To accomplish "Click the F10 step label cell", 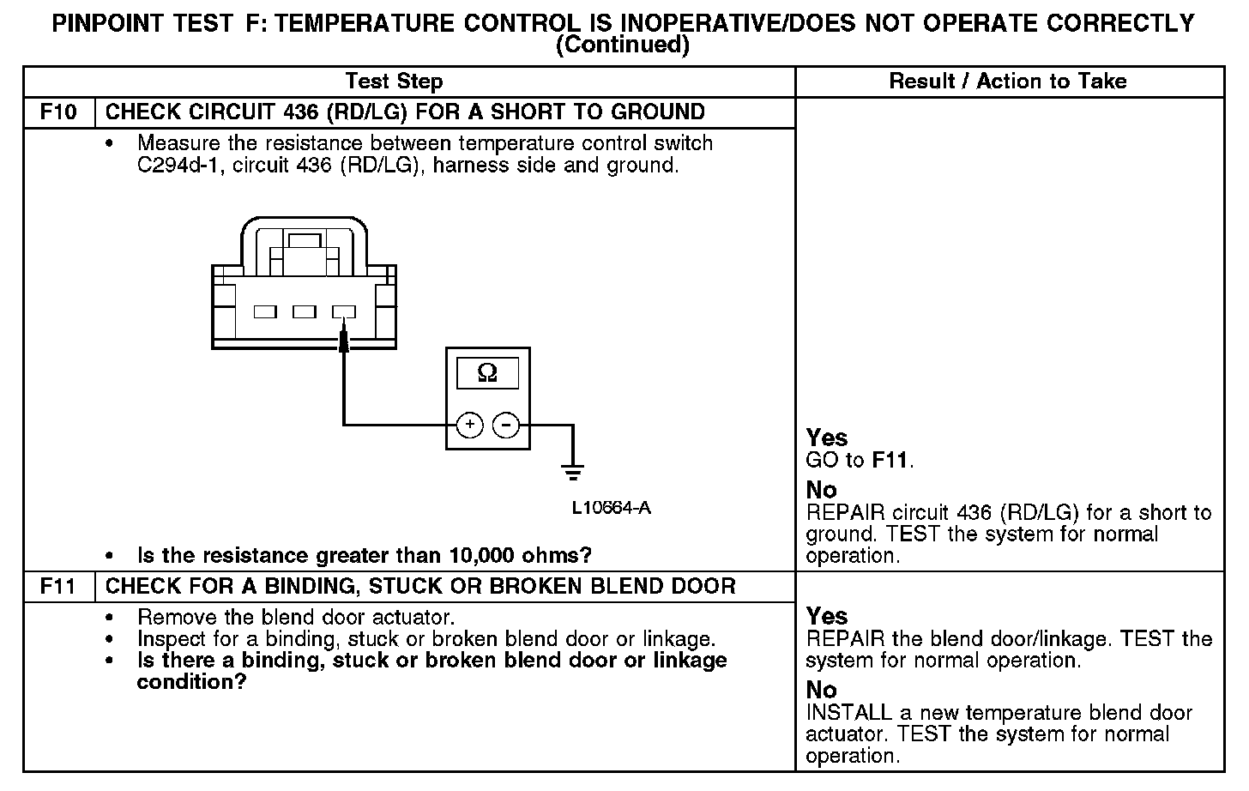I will (58, 112).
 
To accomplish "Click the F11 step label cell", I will (58, 587).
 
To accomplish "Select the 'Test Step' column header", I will (394, 82).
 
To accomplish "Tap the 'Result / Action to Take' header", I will (1008, 82).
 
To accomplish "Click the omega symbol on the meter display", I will (487, 373).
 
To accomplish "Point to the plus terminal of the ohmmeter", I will (469, 425).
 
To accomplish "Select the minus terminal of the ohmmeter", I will (506, 425).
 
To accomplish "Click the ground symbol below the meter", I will (572, 471).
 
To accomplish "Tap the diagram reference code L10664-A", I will (612, 508).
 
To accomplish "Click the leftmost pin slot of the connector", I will (265, 312).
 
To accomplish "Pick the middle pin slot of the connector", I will (305, 312).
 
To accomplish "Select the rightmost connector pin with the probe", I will (344, 312).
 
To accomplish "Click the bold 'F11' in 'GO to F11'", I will (890, 460).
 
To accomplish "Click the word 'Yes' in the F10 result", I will (827, 438).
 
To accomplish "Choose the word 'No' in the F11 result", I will (821, 690).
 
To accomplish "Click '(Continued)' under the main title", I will (623, 45).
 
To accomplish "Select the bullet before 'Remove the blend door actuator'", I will (109, 618).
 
